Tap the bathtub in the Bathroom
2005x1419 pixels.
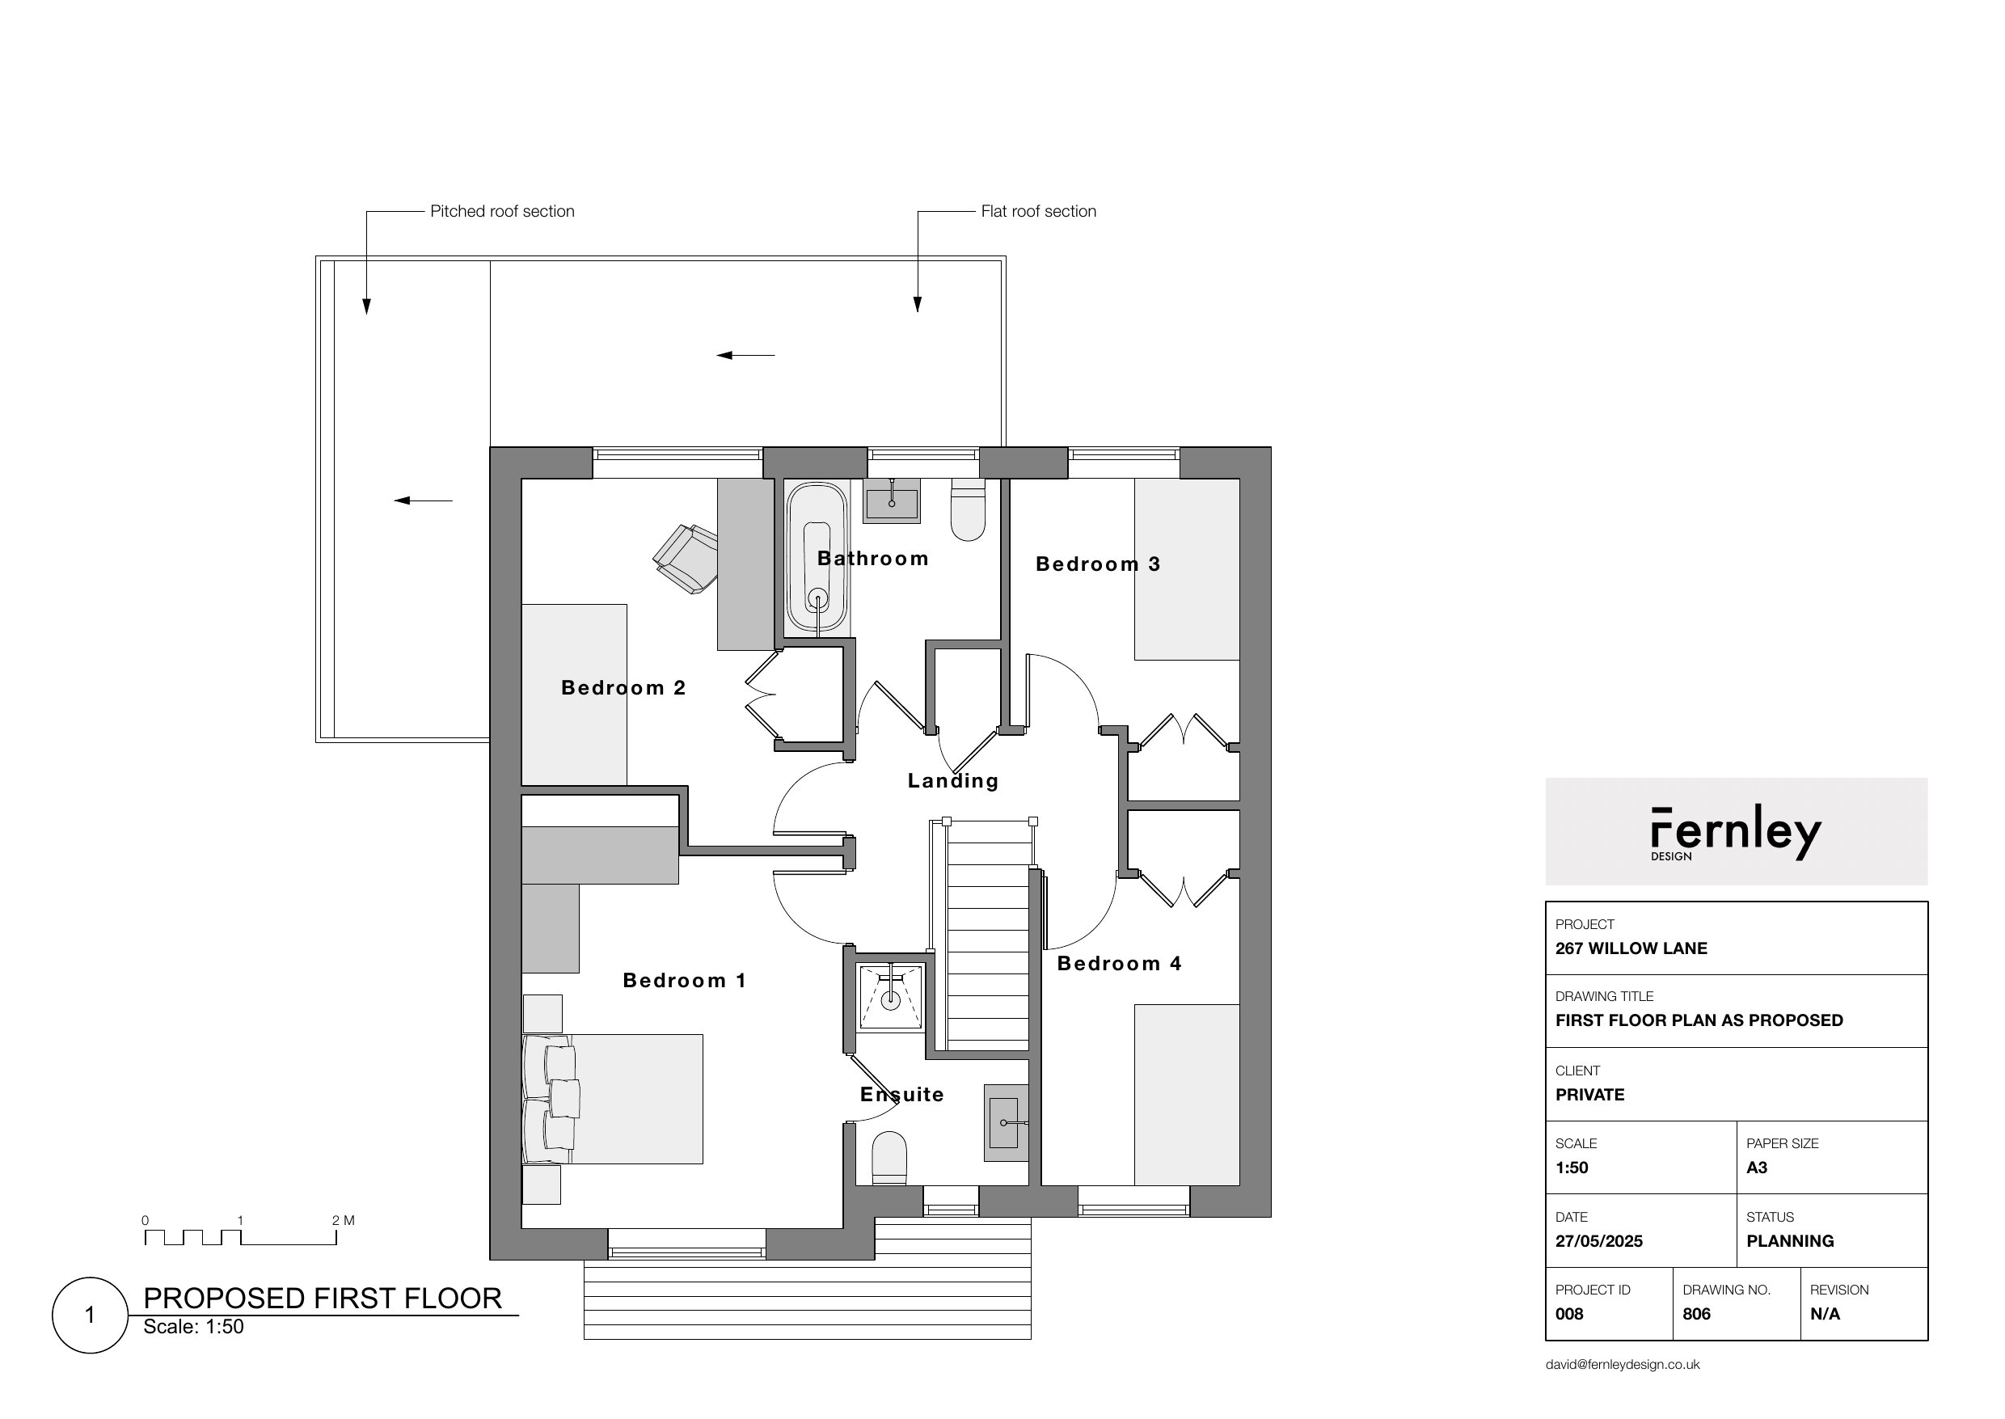click(x=817, y=559)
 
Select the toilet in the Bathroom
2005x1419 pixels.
click(x=967, y=509)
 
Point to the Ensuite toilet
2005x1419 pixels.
click(x=890, y=1159)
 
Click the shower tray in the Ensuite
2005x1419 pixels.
click(x=890, y=997)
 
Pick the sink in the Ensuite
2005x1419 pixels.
click(x=1007, y=1123)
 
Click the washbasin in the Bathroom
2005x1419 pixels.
click(x=891, y=500)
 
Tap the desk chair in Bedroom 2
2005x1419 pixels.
click(x=686, y=559)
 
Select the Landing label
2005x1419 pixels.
click(x=953, y=780)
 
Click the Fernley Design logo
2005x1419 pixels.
click(x=1736, y=832)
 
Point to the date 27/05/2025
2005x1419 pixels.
click(x=1599, y=1241)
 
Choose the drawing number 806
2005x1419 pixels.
click(x=1697, y=1314)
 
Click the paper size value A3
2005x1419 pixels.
click(x=1757, y=1168)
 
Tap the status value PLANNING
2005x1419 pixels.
click(x=1790, y=1241)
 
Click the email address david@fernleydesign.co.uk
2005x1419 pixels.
click(x=1623, y=1364)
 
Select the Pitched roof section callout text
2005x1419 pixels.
click(x=502, y=212)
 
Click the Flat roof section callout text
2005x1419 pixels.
click(x=1039, y=212)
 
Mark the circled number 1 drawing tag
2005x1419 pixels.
click(x=90, y=1315)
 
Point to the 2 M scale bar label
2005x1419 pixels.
click(x=344, y=1220)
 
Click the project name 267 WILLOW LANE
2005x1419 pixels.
click(x=1631, y=948)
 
